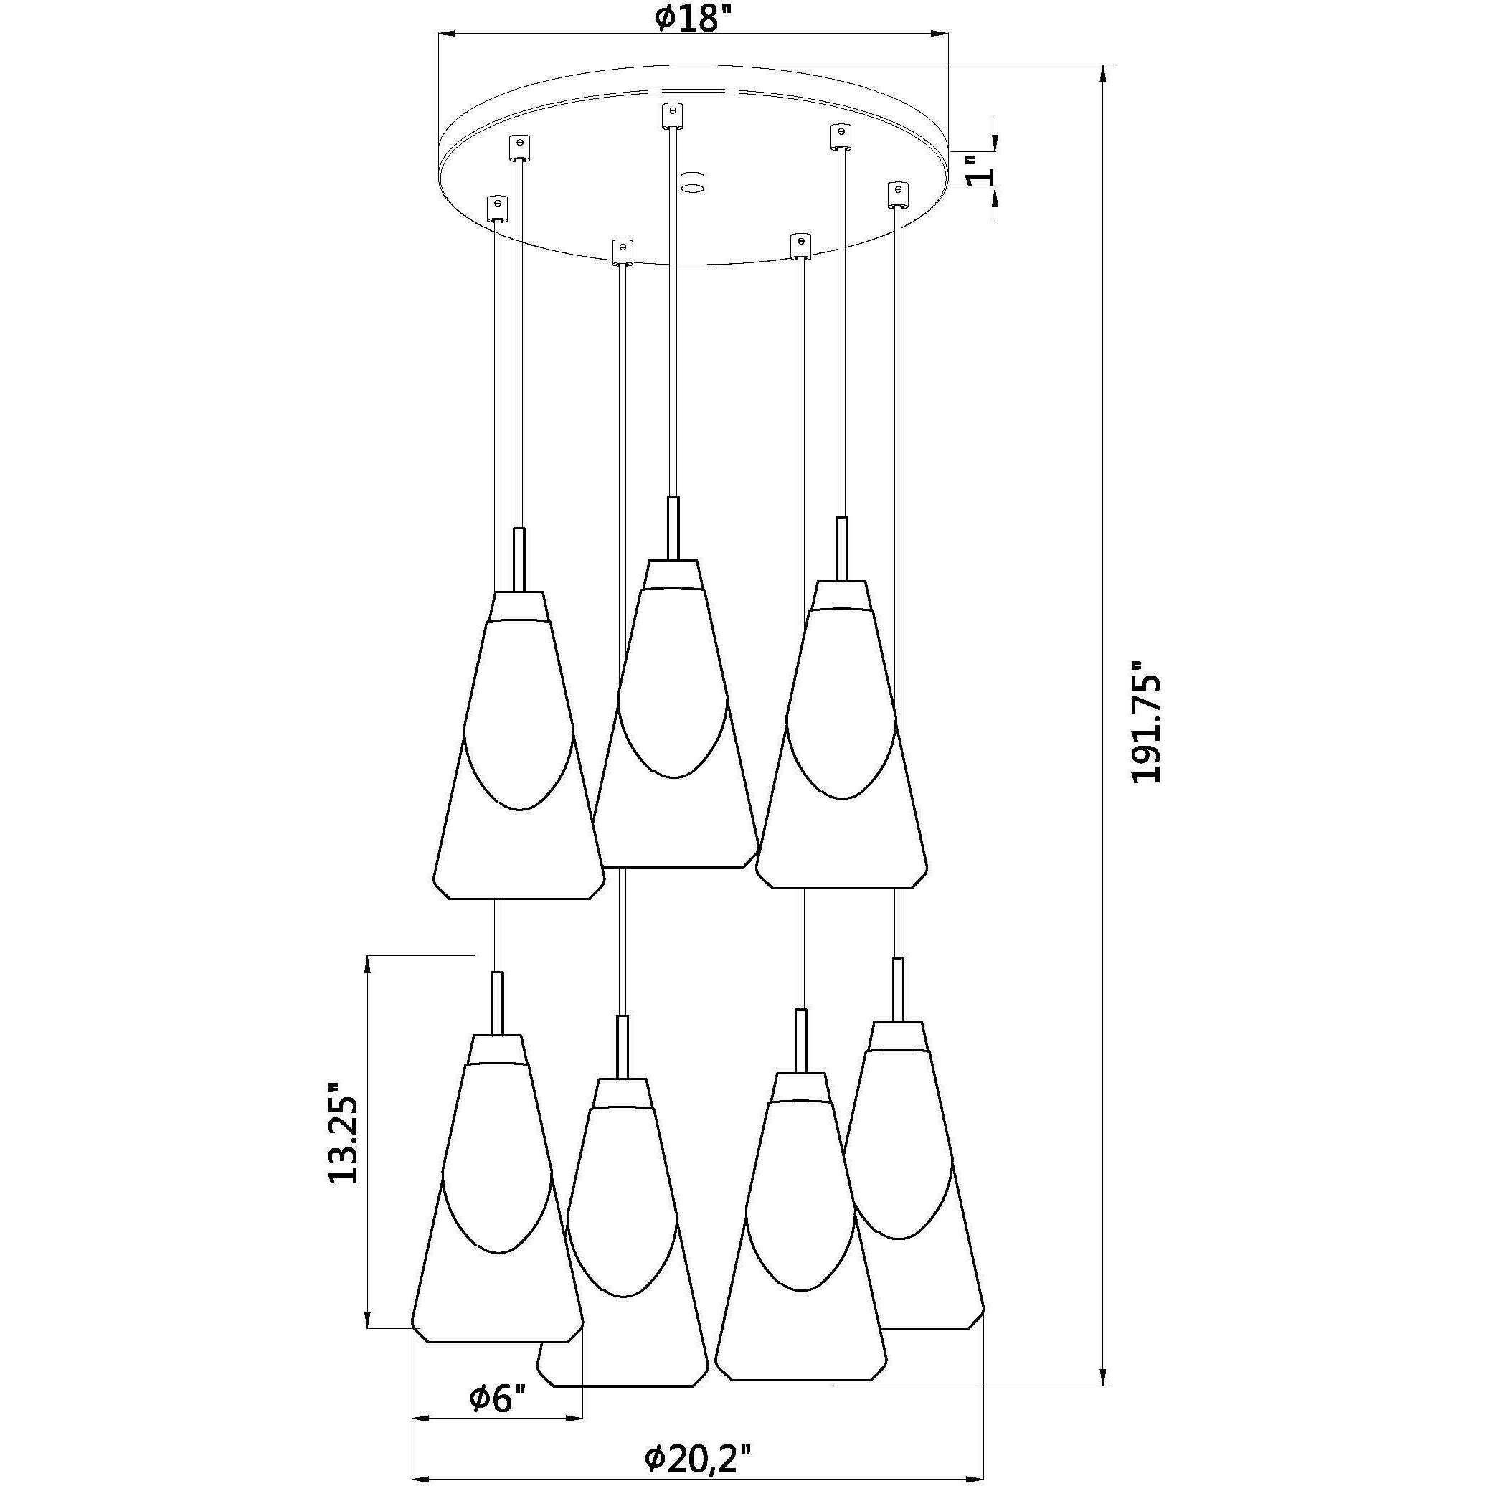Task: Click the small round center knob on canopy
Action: [x=693, y=183]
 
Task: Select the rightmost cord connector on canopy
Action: [x=896, y=193]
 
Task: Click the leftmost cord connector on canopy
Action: [x=497, y=208]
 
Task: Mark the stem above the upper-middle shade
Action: [x=673, y=528]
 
